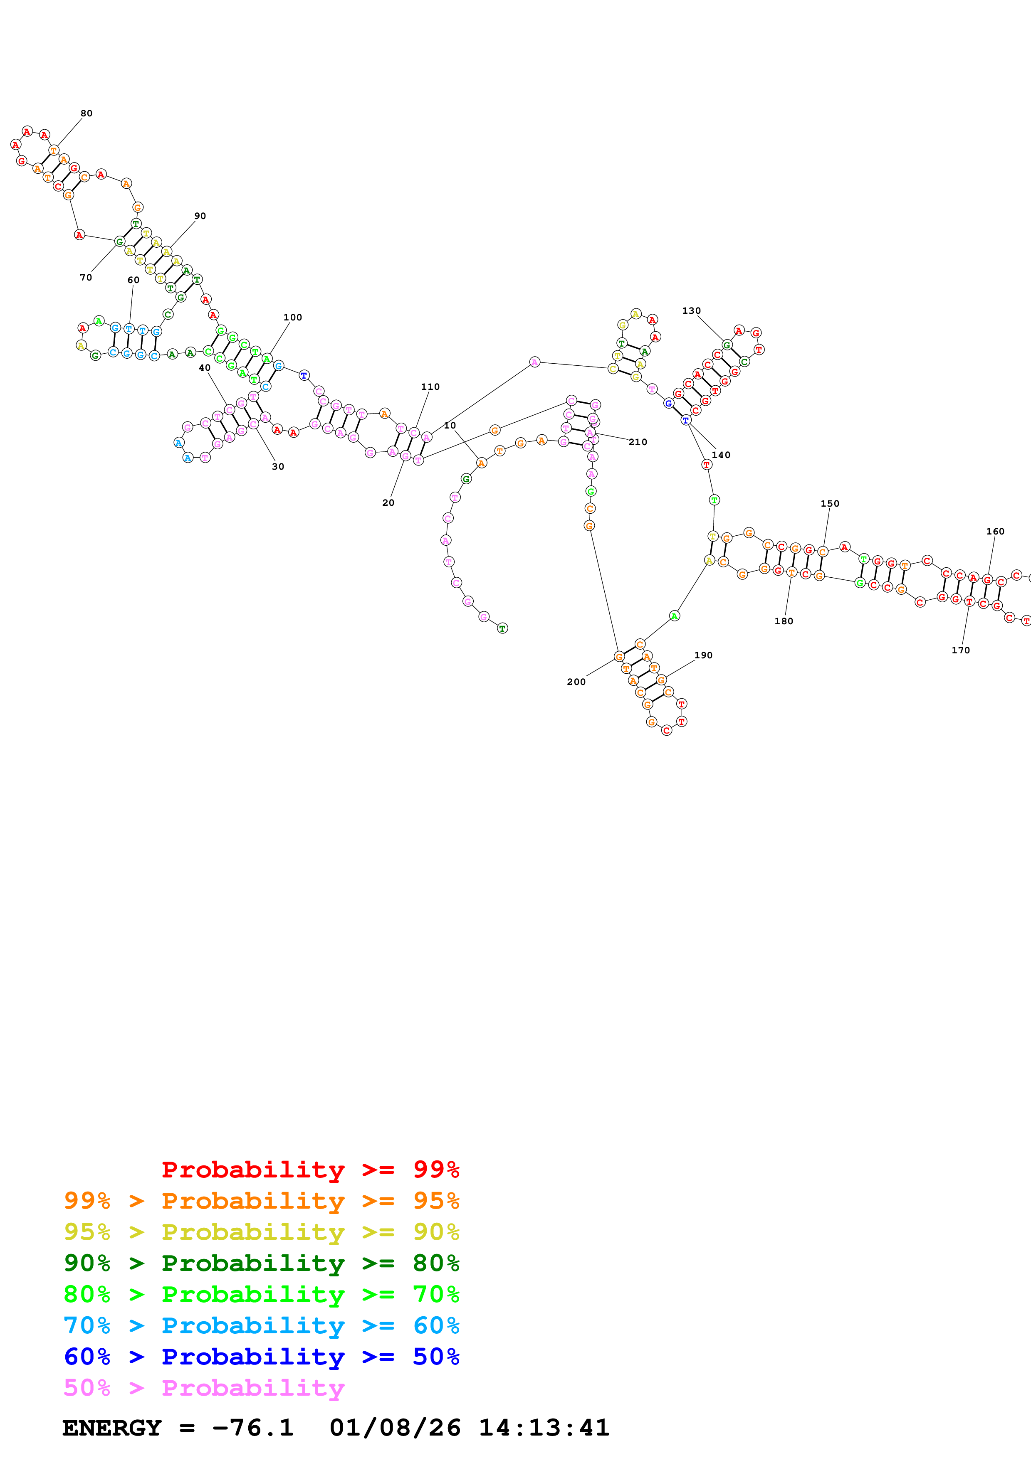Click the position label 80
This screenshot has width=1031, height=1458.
[87, 113]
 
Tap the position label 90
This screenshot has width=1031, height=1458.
[200, 216]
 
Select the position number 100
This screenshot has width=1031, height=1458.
[293, 318]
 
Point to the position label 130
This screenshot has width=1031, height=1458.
[691, 310]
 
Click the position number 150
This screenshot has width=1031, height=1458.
[830, 504]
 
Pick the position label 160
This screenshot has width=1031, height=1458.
[995, 532]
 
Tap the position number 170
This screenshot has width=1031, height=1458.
[960, 650]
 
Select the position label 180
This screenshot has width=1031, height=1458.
[784, 621]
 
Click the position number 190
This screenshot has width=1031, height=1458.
[703, 655]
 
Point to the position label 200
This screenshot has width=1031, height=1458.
[576, 682]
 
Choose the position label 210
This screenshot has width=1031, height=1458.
[638, 442]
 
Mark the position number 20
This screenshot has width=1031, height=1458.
[388, 503]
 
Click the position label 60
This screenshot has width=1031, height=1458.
[134, 280]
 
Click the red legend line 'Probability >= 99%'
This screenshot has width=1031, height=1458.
[310, 1169]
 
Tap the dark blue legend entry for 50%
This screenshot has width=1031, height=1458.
[262, 1357]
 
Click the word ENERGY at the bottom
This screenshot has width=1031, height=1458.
[112, 1428]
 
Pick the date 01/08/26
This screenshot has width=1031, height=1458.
[395, 1428]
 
